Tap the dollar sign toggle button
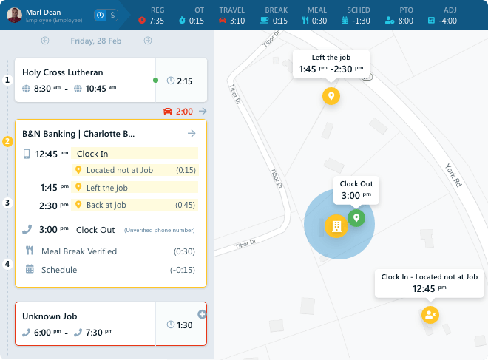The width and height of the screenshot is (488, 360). [112, 15]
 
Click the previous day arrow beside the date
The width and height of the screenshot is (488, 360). [45, 41]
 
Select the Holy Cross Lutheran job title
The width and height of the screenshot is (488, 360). [63, 72]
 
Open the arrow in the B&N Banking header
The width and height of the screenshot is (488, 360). [192, 134]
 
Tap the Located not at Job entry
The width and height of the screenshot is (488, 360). [118, 170]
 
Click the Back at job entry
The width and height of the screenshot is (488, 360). [106, 205]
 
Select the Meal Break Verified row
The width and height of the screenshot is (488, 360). [79, 251]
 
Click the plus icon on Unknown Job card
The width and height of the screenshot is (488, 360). [202, 314]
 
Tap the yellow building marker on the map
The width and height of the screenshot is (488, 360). [336, 225]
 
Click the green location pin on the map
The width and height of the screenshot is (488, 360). [356, 218]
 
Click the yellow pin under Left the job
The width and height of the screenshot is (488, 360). [331, 96]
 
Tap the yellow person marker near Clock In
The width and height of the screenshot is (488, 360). [430, 315]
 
